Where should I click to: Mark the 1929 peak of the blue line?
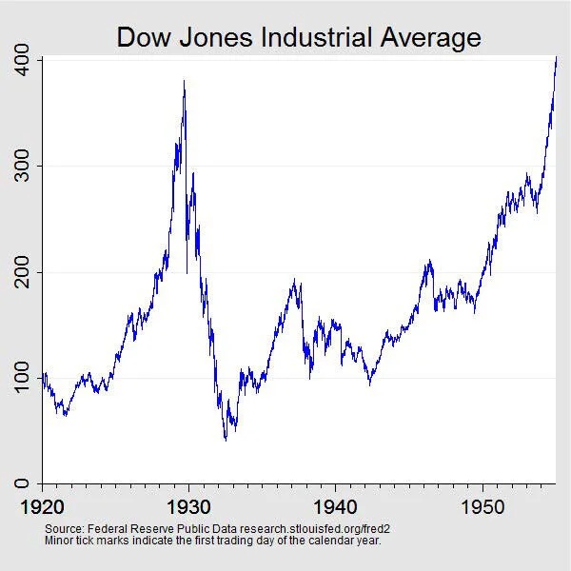184,83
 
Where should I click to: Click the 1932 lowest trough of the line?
226,439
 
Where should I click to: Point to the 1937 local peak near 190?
295,281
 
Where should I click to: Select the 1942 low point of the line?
370,384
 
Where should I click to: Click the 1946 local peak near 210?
429,260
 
